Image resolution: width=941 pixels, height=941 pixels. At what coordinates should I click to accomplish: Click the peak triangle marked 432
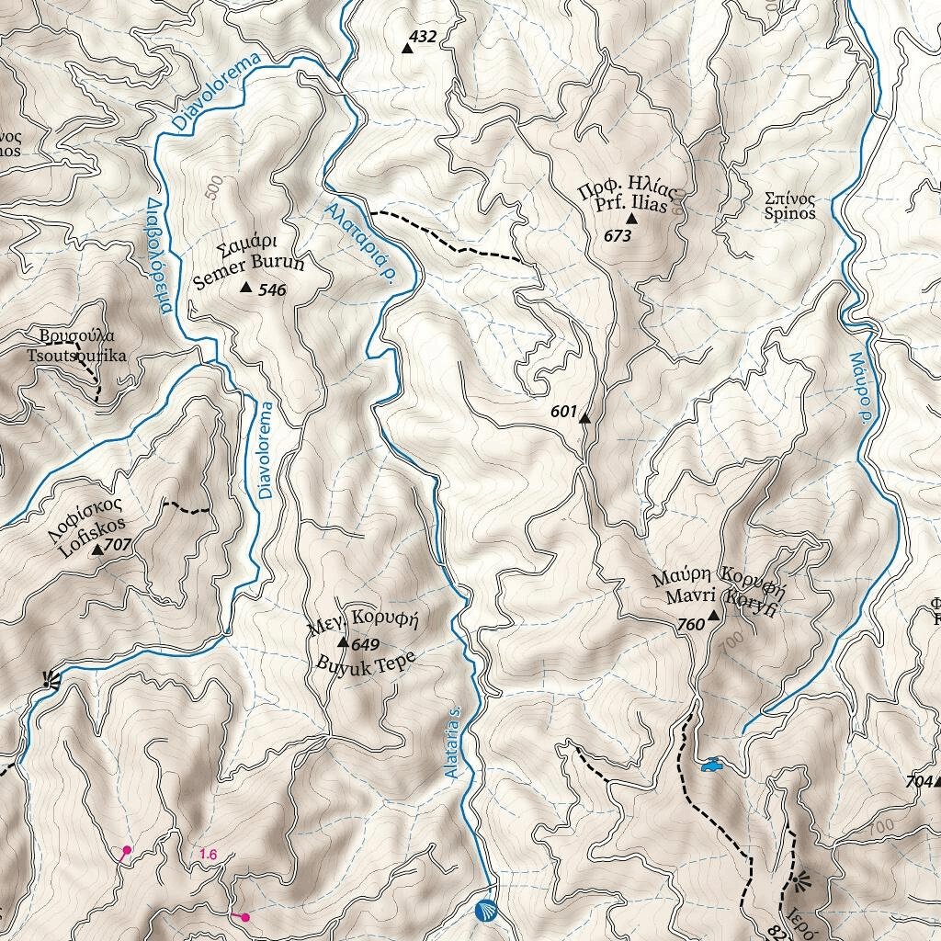tap(407, 48)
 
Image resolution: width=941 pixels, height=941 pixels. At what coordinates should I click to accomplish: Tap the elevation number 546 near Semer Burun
tap(273, 290)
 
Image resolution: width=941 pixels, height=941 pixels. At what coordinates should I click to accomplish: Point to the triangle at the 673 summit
tap(631, 219)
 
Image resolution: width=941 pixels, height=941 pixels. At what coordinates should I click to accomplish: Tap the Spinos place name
tap(789, 213)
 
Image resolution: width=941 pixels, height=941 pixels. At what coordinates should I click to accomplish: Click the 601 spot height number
tap(562, 412)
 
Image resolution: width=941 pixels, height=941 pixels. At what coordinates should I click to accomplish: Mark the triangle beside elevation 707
tap(96, 550)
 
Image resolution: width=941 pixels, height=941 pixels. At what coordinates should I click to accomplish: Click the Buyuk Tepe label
tap(366, 663)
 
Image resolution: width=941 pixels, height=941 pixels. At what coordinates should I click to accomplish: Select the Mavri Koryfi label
tap(721, 597)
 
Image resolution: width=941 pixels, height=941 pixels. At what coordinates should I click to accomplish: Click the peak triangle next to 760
tap(712, 616)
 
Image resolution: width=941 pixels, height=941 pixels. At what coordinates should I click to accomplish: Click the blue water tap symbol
tap(710, 764)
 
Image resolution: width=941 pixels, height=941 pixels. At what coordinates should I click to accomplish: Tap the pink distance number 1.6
tap(208, 855)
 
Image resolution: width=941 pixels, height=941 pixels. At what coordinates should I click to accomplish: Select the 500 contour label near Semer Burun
tap(215, 187)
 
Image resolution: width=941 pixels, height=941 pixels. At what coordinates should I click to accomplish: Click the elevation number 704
tap(918, 781)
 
